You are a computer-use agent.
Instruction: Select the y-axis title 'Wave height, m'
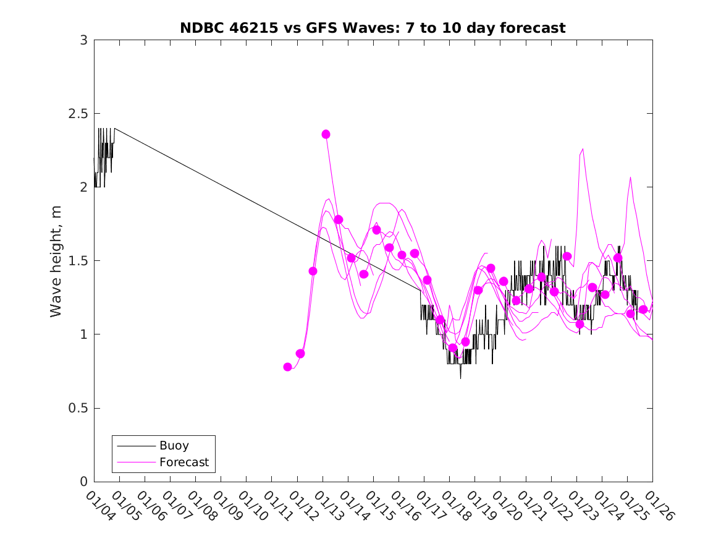(56, 261)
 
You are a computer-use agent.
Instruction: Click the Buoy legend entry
(174, 445)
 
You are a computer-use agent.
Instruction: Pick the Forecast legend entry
(183, 462)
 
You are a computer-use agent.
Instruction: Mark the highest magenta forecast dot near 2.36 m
(326, 134)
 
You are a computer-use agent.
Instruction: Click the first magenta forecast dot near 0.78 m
(287, 367)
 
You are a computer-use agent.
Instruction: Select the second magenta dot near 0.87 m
(300, 354)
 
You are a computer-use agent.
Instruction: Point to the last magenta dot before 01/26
(643, 309)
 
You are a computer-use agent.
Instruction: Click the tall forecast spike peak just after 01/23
(583, 149)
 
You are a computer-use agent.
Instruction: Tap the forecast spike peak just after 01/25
(631, 177)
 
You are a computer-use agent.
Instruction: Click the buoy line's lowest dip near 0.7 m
(460, 378)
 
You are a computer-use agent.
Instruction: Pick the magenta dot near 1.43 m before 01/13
(313, 271)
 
